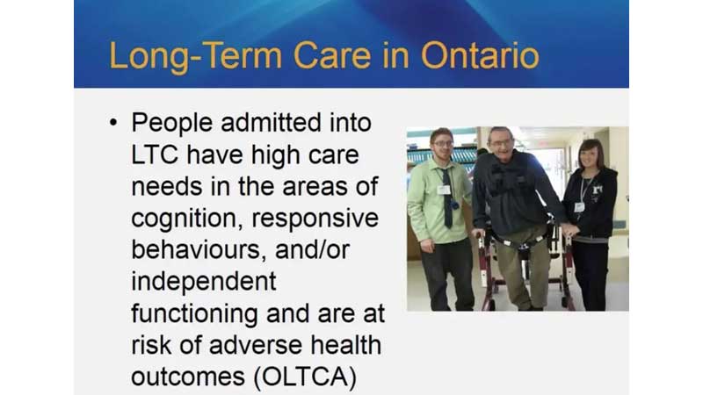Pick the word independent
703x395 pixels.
point(203,282)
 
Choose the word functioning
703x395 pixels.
point(196,313)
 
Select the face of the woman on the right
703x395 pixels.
point(590,155)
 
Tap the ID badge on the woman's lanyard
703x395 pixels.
point(579,207)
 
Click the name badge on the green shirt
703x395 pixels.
point(444,189)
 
